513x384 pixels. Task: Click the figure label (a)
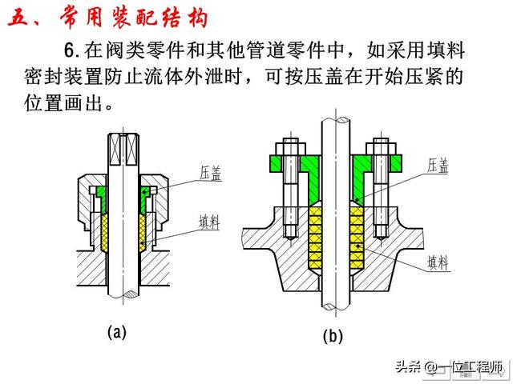coord(117,331)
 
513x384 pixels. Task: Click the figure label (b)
coord(333,336)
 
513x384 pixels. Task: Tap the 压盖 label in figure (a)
coord(211,173)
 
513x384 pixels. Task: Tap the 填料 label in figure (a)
coord(211,221)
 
